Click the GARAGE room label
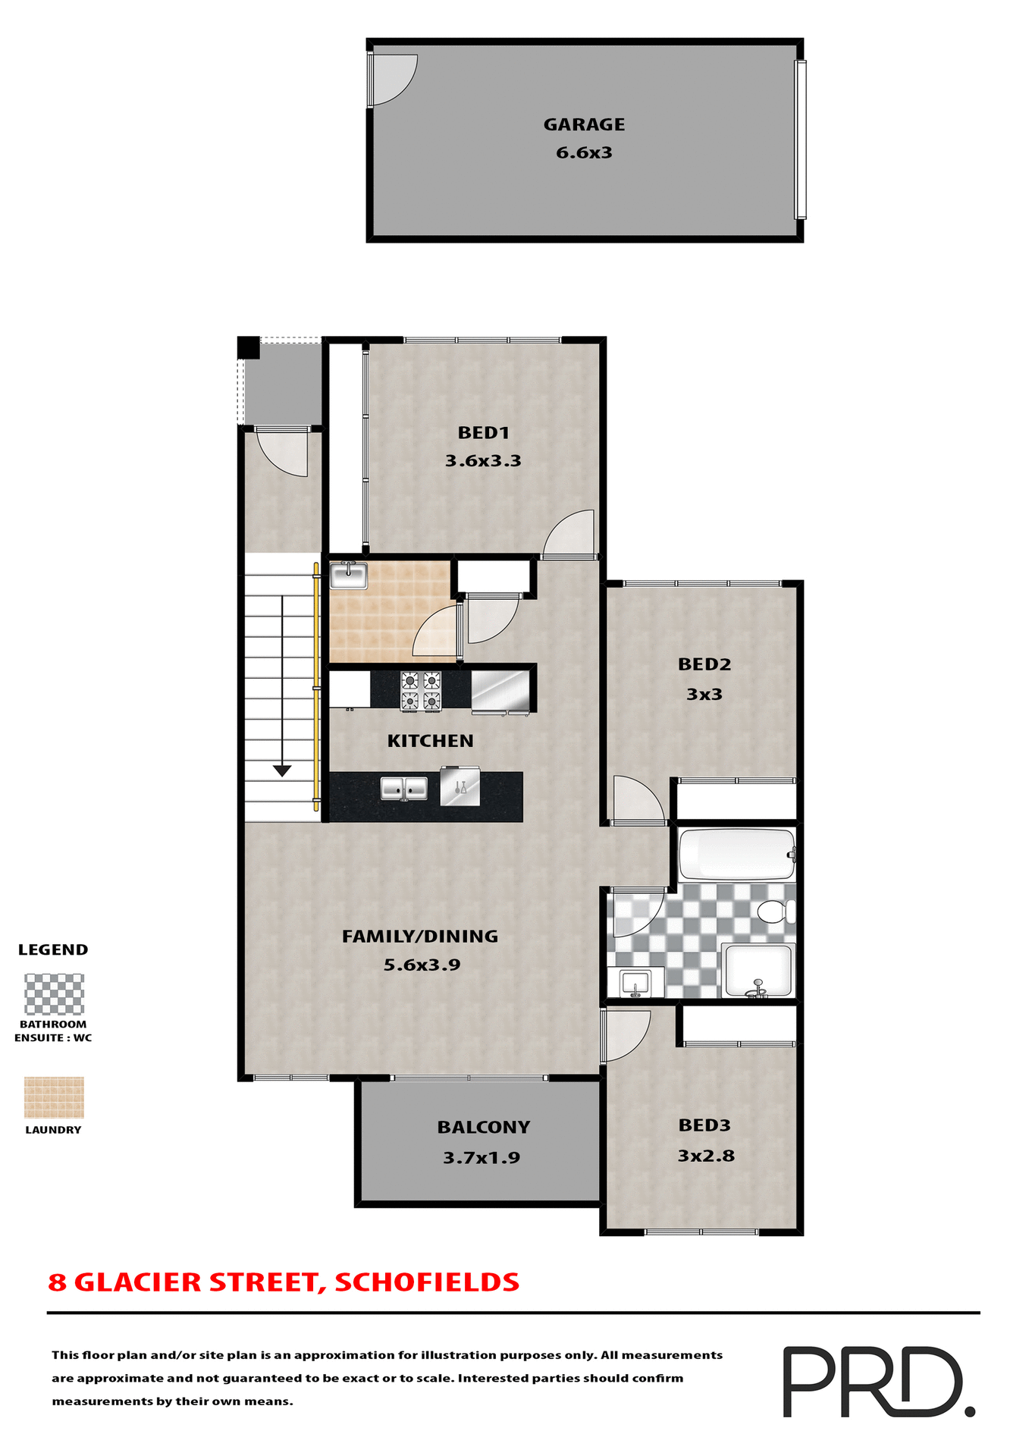584,124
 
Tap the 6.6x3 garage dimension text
584,152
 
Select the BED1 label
483,433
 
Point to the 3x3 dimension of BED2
704,694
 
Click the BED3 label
704,1125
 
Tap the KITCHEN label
430,741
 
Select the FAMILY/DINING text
420,937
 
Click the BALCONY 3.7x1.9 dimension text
482,1158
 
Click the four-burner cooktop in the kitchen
421,691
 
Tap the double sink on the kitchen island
403,789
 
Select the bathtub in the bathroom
736,854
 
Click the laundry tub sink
349,576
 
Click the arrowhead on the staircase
282,771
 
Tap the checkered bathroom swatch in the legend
54,994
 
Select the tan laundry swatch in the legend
54,1097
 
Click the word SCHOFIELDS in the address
427,1282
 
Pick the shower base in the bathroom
758,969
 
